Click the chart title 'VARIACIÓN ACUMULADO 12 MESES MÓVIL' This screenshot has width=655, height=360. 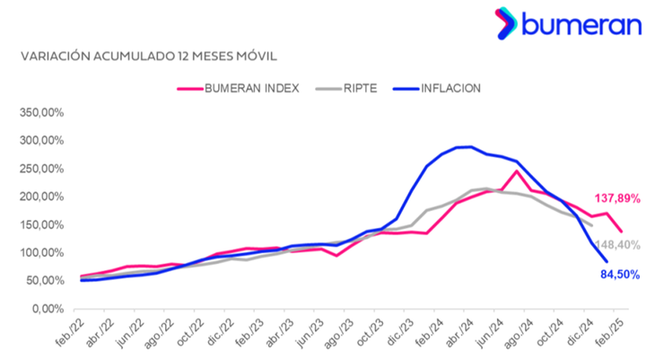[x=148, y=56]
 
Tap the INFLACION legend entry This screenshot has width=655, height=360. [x=451, y=88]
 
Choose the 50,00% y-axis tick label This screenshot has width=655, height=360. [x=39, y=280]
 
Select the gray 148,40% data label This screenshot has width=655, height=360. [x=619, y=244]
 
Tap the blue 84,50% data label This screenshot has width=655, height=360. [x=619, y=275]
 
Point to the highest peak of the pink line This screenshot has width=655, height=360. [x=517, y=171]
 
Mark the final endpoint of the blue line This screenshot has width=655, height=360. [x=607, y=262]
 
